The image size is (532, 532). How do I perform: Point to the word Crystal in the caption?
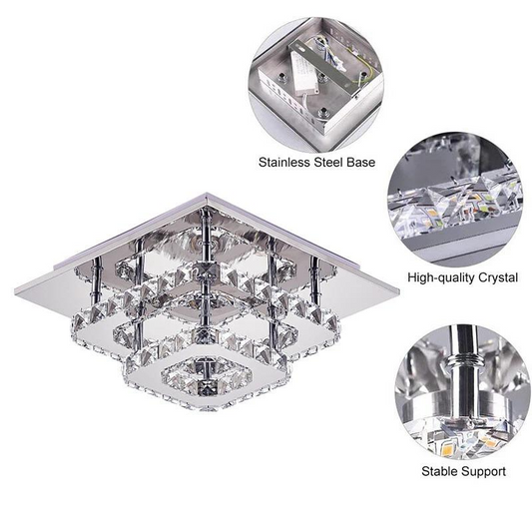click(495, 275)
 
